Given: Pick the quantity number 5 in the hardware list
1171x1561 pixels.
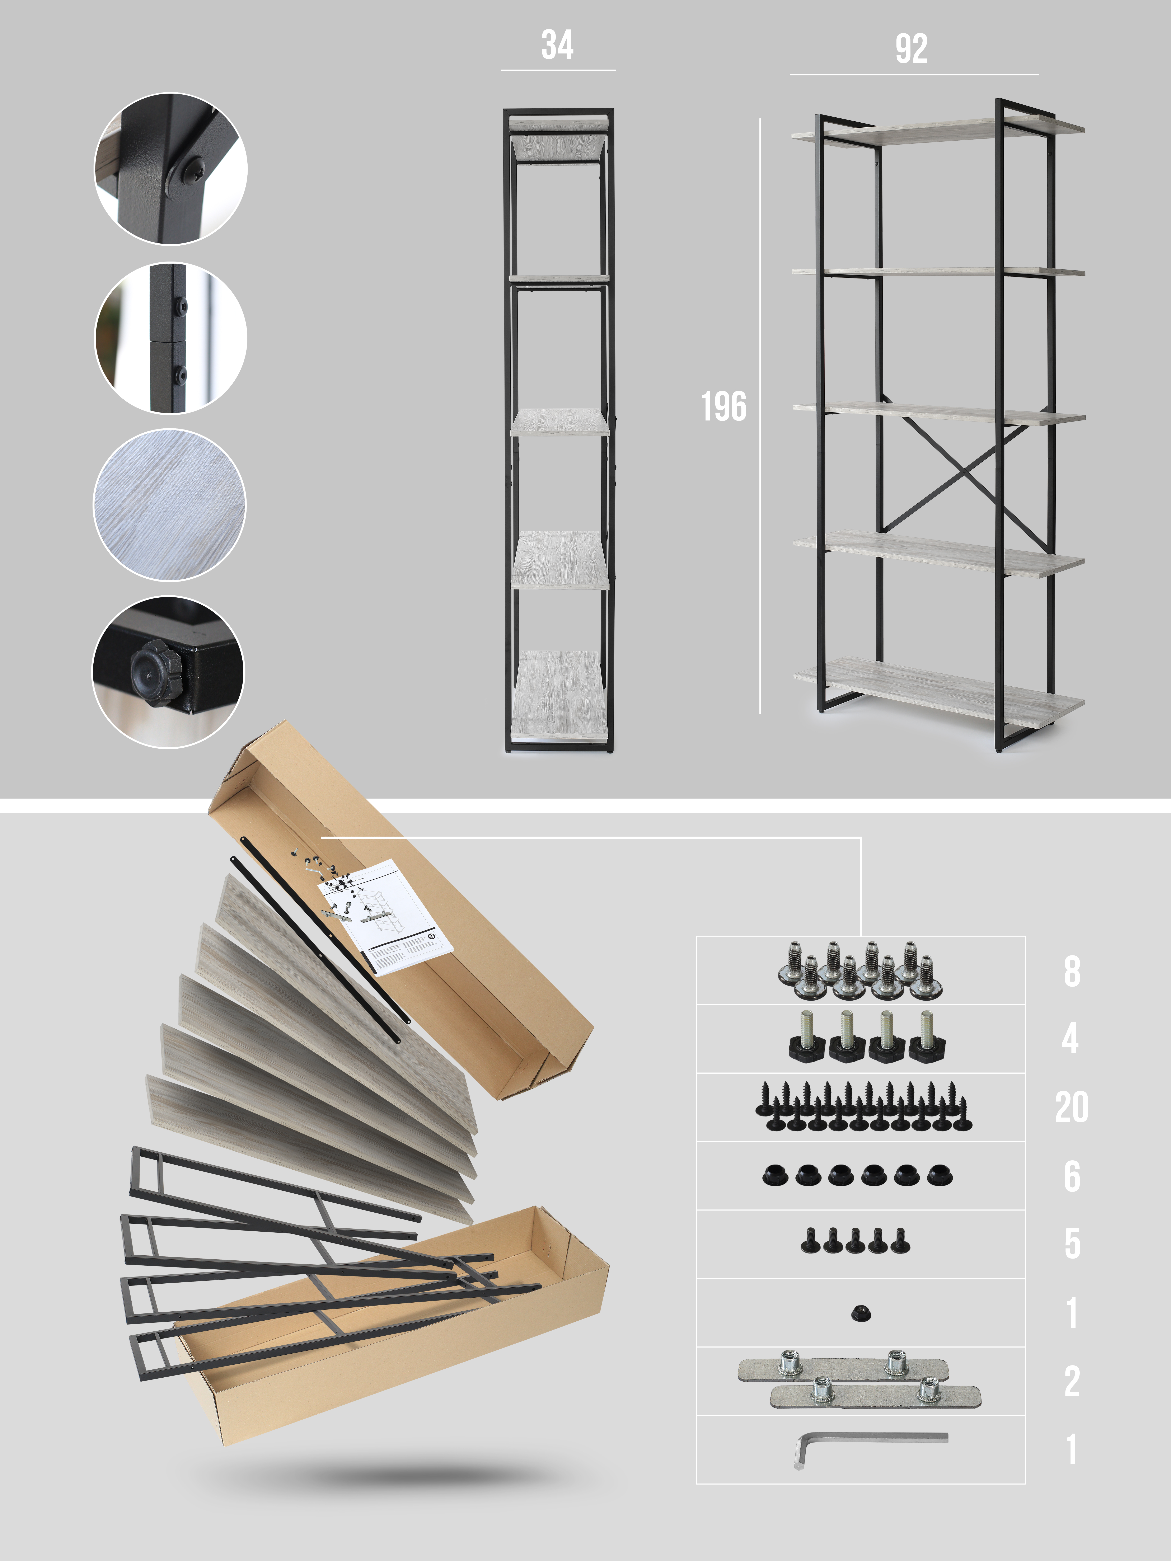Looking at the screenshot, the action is (1072, 1243).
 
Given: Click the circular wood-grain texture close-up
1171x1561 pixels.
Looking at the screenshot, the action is (169, 505).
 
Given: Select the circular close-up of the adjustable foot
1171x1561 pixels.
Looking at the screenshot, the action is (168, 672).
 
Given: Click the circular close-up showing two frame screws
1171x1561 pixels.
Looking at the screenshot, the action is (170, 338).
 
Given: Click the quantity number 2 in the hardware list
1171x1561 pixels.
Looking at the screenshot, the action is (1072, 1381).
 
